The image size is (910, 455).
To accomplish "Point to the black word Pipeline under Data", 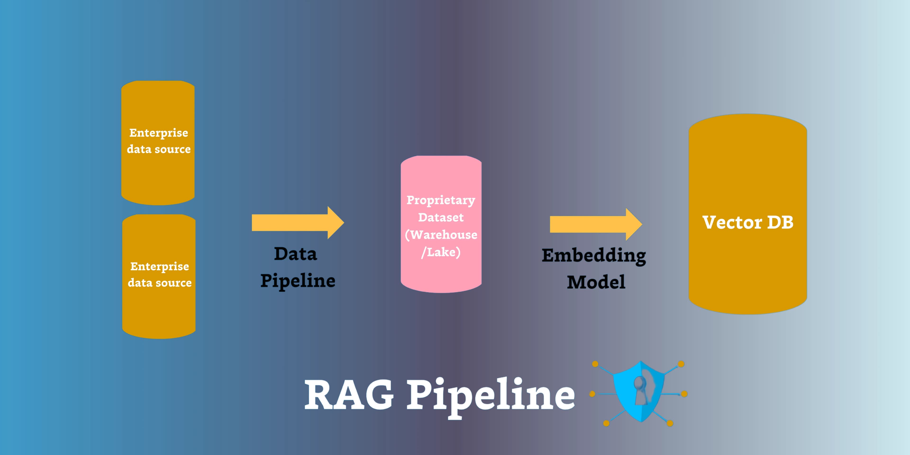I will [298, 281].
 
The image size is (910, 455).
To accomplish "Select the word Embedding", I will [594, 255].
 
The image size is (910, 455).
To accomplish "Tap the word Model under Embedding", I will [596, 282].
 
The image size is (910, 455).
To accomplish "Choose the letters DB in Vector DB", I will [780, 223].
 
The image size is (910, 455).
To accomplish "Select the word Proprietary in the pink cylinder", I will [441, 200].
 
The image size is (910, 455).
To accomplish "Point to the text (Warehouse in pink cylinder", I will [441, 235].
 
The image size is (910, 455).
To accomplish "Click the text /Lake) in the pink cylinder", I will [441, 252].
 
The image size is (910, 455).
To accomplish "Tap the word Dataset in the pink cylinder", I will [441, 218].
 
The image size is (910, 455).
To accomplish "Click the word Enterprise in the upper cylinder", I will [159, 133].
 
